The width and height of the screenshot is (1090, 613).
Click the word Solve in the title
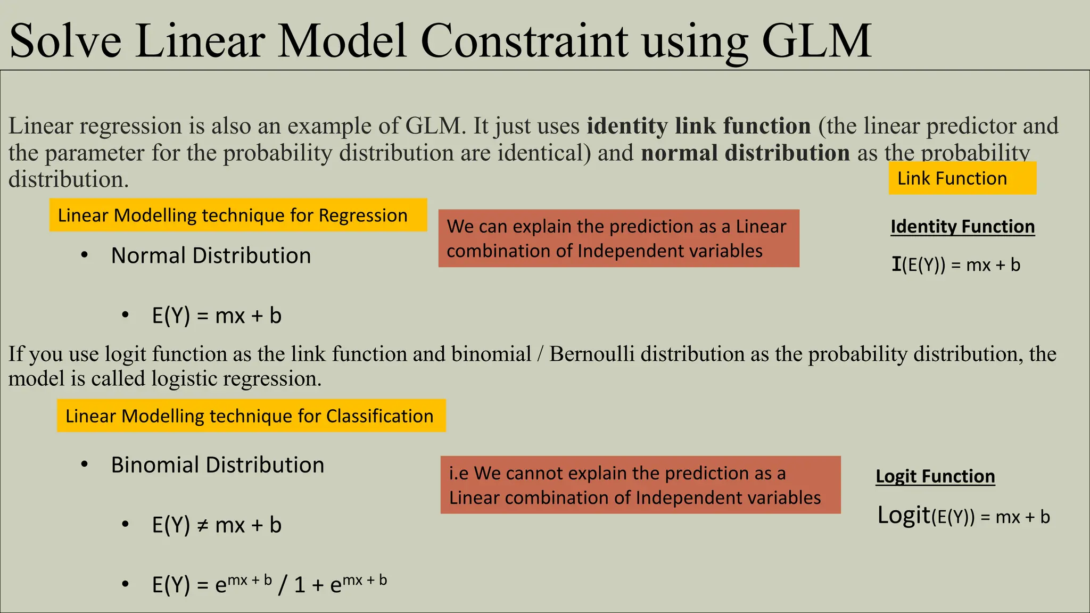click(65, 42)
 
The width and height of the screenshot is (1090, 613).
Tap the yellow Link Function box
click(962, 178)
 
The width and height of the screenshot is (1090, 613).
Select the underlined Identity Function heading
click(962, 227)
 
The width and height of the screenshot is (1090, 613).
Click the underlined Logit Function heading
click(935, 476)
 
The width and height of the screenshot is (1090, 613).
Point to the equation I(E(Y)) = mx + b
click(956, 264)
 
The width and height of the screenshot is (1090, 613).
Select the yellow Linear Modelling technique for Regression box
click(238, 215)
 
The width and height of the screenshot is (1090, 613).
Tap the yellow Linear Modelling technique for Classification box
click(251, 416)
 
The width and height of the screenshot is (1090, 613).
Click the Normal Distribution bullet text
click(211, 255)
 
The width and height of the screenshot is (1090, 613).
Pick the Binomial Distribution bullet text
click(217, 465)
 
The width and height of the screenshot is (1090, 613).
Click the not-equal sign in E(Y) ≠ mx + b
click(202, 526)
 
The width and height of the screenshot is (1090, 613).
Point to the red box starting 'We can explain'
click(618, 238)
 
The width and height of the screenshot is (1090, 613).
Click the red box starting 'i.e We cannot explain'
click(640, 485)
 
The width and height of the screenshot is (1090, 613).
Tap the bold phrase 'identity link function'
click(698, 126)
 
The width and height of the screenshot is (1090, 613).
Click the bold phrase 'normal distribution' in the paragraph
click(745, 153)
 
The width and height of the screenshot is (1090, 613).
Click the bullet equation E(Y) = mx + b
click(217, 316)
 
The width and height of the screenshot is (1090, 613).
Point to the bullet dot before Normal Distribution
click(84, 255)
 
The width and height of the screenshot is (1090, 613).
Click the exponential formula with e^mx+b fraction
click(269, 584)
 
